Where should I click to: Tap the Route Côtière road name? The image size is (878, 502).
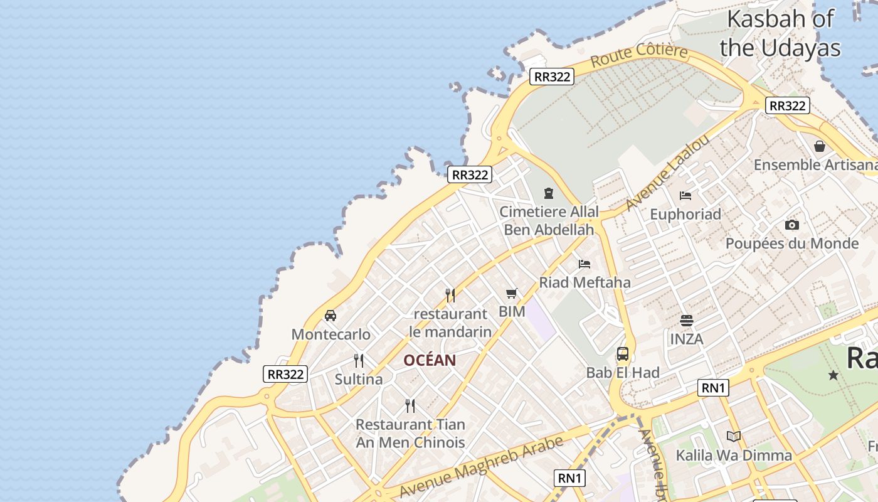(x=639, y=55)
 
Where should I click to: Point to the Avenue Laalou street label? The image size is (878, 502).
(x=668, y=173)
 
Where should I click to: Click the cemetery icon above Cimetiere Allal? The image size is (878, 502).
(x=549, y=193)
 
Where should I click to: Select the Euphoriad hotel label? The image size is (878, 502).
(x=685, y=214)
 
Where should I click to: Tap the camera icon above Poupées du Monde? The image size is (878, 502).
(x=791, y=225)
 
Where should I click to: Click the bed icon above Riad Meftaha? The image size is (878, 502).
(x=584, y=264)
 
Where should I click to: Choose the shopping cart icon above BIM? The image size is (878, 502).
(x=512, y=293)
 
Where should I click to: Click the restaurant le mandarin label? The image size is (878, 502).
(x=450, y=323)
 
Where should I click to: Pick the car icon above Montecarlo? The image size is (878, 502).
(x=331, y=315)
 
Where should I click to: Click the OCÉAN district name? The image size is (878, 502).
(x=430, y=360)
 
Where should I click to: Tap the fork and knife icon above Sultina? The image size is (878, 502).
(x=359, y=361)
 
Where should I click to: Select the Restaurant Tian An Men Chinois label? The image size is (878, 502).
(x=410, y=434)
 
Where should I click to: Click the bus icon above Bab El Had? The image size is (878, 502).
(x=622, y=354)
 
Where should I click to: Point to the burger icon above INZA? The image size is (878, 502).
(x=687, y=321)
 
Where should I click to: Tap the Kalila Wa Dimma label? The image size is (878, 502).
(x=734, y=455)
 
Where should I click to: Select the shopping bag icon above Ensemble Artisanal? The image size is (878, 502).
(x=819, y=146)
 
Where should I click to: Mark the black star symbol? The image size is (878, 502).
(x=833, y=375)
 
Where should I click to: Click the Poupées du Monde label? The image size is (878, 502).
(x=791, y=243)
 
